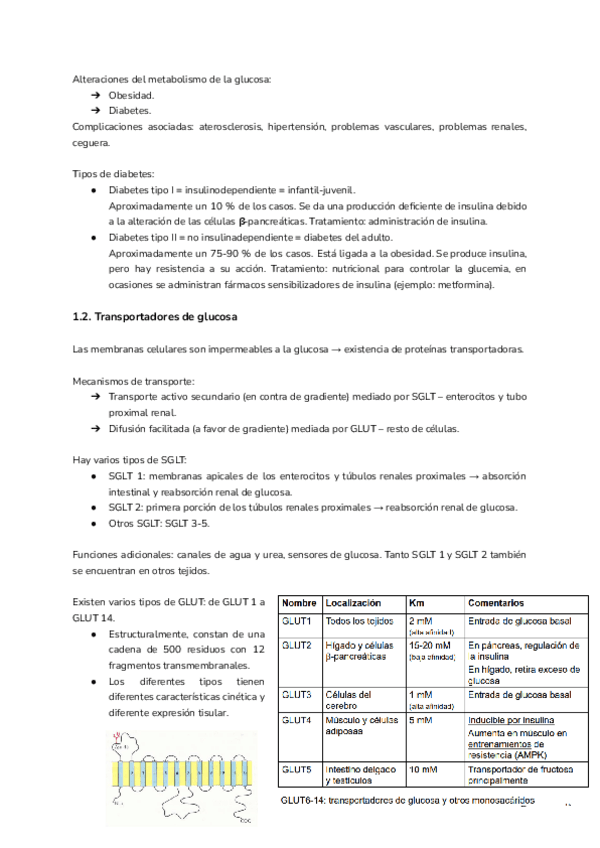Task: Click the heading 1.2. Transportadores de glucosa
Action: click(x=154, y=317)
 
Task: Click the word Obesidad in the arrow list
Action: click(x=132, y=94)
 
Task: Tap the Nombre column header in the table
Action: click(x=299, y=604)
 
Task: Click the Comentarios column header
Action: click(x=496, y=604)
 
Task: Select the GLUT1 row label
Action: click(x=297, y=622)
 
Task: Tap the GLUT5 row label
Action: click(x=297, y=769)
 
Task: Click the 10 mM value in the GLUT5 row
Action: click(x=423, y=769)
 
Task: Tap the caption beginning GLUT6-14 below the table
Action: click(x=407, y=800)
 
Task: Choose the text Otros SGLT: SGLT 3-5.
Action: click(x=160, y=523)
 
